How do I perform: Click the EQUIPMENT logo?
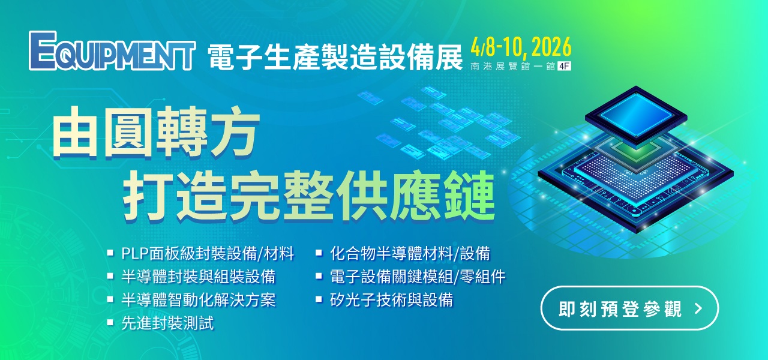[x=112, y=51]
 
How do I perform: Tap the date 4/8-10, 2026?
[x=521, y=47]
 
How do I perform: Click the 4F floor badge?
[x=565, y=66]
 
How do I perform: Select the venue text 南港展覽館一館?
[x=513, y=66]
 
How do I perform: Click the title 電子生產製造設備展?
[x=335, y=56]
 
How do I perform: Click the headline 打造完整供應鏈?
[x=309, y=196]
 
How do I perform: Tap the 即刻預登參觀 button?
[x=629, y=308]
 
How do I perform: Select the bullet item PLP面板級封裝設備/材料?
[x=208, y=254]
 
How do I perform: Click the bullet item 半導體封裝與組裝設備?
[x=199, y=277]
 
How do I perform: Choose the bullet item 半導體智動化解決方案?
[x=199, y=300]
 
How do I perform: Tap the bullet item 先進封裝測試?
[x=167, y=323]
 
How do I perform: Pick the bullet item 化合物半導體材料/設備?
[x=410, y=254]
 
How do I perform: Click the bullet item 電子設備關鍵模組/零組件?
[x=418, y=277]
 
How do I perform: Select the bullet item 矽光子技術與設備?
[x=391, y=300]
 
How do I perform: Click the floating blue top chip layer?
[x=636, y=116]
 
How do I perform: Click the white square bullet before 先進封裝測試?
[x=110, y=323]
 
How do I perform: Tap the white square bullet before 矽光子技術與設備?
[x=319, y=299]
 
